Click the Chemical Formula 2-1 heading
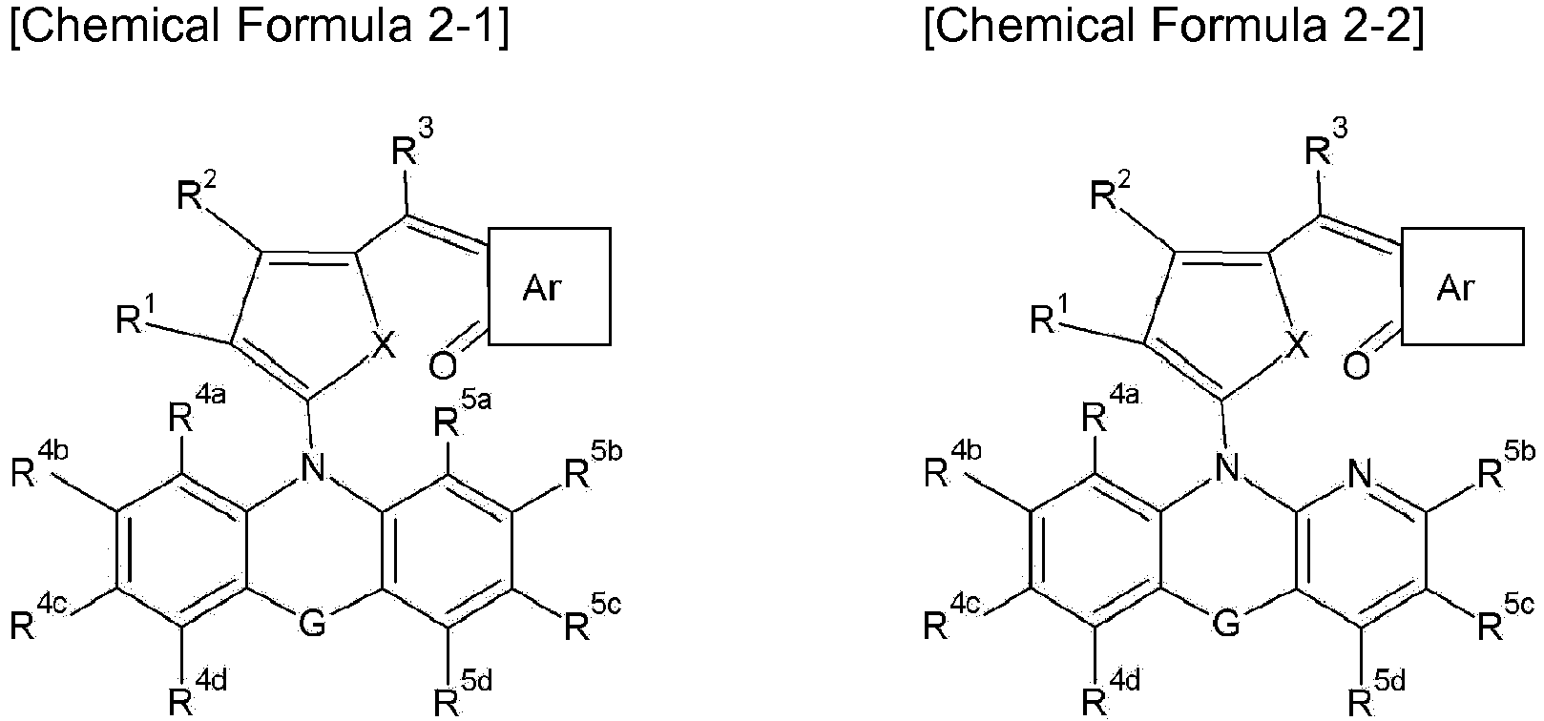pyautogui.click(x=260, y=26)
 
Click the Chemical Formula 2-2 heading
pyautogui.click(x=1174, y=26)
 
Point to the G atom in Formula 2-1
pyautogui.click(x=312, y=624)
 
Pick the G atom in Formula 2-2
pyautogui.click(x=1226, y=624)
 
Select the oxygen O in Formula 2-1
pyautogui.click(x=443, y=366)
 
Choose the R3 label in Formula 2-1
pyautogui.click(x=413, y=143)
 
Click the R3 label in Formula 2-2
pyautogui.click(x=1326, y=143)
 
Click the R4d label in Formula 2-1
pyautogui.click(x=198, y=693)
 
